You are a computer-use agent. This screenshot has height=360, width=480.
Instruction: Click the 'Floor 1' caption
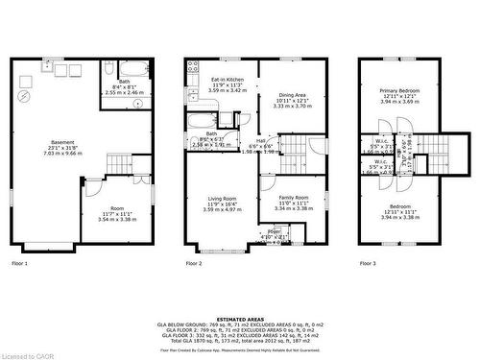20,262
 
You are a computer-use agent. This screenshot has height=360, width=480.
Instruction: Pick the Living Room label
224,204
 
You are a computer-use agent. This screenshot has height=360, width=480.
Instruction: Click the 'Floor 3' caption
370,262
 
